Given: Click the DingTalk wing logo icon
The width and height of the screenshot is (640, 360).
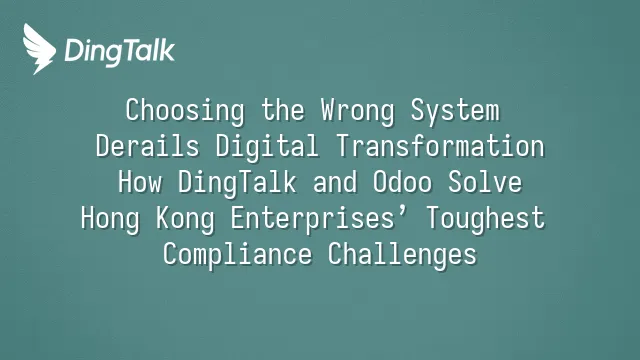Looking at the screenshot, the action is click(39, 49).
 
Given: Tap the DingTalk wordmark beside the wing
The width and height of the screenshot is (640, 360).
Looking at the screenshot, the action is click(120, 51).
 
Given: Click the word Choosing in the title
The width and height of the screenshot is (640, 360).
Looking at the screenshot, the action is click(185, 111).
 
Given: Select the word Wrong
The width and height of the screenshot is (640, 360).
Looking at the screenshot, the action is click(358, 111).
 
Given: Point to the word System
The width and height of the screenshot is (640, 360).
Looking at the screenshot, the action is click(455, 110).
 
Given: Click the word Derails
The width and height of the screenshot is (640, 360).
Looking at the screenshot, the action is click(147, 146).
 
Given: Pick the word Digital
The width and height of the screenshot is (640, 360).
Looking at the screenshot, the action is click(267, 147).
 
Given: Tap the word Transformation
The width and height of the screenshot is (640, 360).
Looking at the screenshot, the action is click(440, 146).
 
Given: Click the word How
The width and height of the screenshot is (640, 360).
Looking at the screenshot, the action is click(140, 182).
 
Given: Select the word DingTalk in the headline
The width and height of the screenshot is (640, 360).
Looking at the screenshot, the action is click(237, 183).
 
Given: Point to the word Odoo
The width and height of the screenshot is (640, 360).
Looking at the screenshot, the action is click(402, 182).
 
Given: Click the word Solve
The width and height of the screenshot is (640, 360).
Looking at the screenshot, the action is click(485, 182).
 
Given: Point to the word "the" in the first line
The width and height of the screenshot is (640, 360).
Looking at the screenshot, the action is click(283, 110).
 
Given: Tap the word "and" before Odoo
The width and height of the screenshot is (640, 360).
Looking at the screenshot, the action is click(335, 182).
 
